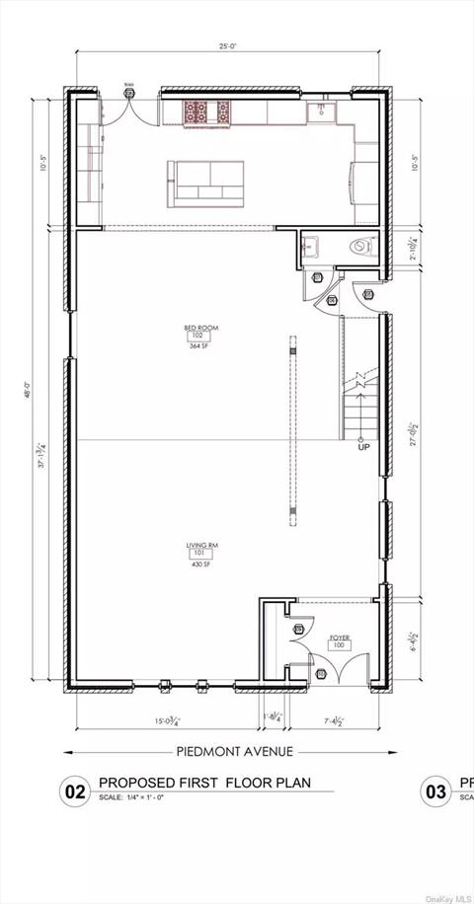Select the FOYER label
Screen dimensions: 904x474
point(341,637)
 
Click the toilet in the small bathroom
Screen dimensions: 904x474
point(361,247)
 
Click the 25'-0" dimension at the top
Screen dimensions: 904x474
point(227,45)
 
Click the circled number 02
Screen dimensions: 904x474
point(75,790)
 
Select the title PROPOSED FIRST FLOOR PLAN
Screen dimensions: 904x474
point(204,783)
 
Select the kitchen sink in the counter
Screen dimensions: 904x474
point(320,112)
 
